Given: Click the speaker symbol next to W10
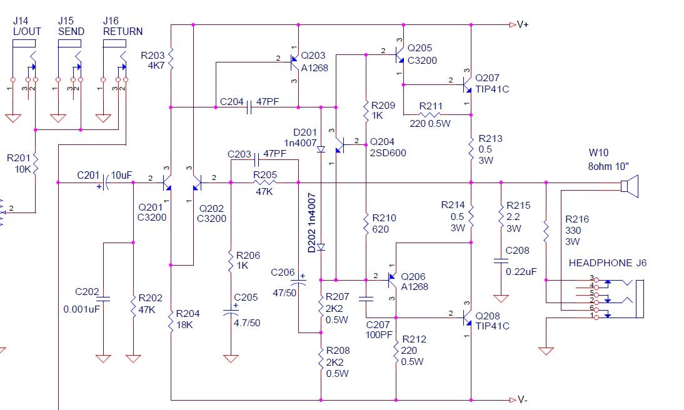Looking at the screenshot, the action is (630, 186).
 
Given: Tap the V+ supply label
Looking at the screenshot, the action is (523, 25).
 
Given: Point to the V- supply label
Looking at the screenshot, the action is (522, 399).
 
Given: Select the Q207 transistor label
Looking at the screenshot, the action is (487, 78).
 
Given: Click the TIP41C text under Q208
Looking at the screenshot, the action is (492, 326).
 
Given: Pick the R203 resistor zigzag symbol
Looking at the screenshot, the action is (171, 59).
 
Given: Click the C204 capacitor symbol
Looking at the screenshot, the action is (249, 107).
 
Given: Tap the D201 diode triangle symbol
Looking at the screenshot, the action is (321, 149).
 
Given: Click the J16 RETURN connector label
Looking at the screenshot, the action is (123, 26).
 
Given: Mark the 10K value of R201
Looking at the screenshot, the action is (23, 169).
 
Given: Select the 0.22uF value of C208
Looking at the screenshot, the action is (521, 272).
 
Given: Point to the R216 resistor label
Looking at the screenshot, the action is (576, 219).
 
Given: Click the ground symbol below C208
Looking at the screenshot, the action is (501, 299).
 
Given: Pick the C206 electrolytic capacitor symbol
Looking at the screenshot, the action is (298, 282).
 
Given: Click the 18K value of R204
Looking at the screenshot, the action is (184, 325).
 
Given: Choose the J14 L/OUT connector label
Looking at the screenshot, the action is (27, 26).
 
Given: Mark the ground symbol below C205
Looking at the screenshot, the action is (231, 359).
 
